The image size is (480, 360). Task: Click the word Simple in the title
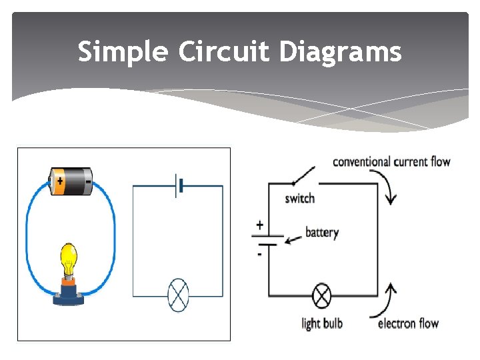click(123, 51)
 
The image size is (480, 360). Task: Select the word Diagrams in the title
click(341, 51)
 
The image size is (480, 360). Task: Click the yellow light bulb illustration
click(69, 259)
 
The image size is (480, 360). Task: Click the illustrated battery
click(72, 180)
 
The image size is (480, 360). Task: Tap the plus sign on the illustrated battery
click(60, 180)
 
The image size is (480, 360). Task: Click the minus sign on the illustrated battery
click(87, 180)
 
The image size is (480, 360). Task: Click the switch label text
click(299, 199)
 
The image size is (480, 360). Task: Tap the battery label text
click(322, 233)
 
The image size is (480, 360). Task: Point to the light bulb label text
click(322, 324)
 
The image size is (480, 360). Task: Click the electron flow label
click(408, 324)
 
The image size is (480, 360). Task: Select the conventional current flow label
click(391, 161)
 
